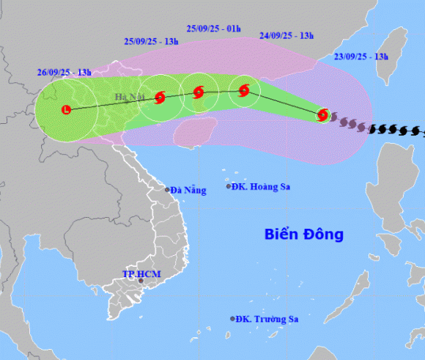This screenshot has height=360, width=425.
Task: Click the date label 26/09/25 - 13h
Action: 64,72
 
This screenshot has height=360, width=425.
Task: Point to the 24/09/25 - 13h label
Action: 287,35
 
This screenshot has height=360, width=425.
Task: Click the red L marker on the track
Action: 67,110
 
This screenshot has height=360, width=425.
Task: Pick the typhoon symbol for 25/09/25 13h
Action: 160,96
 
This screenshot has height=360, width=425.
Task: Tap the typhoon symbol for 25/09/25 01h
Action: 198,92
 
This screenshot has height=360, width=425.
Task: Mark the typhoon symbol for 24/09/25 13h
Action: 244,91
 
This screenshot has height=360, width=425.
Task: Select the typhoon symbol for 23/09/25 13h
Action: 322,114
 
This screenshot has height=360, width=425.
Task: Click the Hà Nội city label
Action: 128,98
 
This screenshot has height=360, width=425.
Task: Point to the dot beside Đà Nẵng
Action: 168,190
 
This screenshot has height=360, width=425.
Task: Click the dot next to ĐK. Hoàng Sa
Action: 228,187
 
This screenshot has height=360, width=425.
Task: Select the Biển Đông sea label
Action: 303,235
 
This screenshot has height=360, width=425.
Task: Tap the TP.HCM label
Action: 141,275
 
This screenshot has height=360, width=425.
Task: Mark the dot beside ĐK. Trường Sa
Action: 233,319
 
